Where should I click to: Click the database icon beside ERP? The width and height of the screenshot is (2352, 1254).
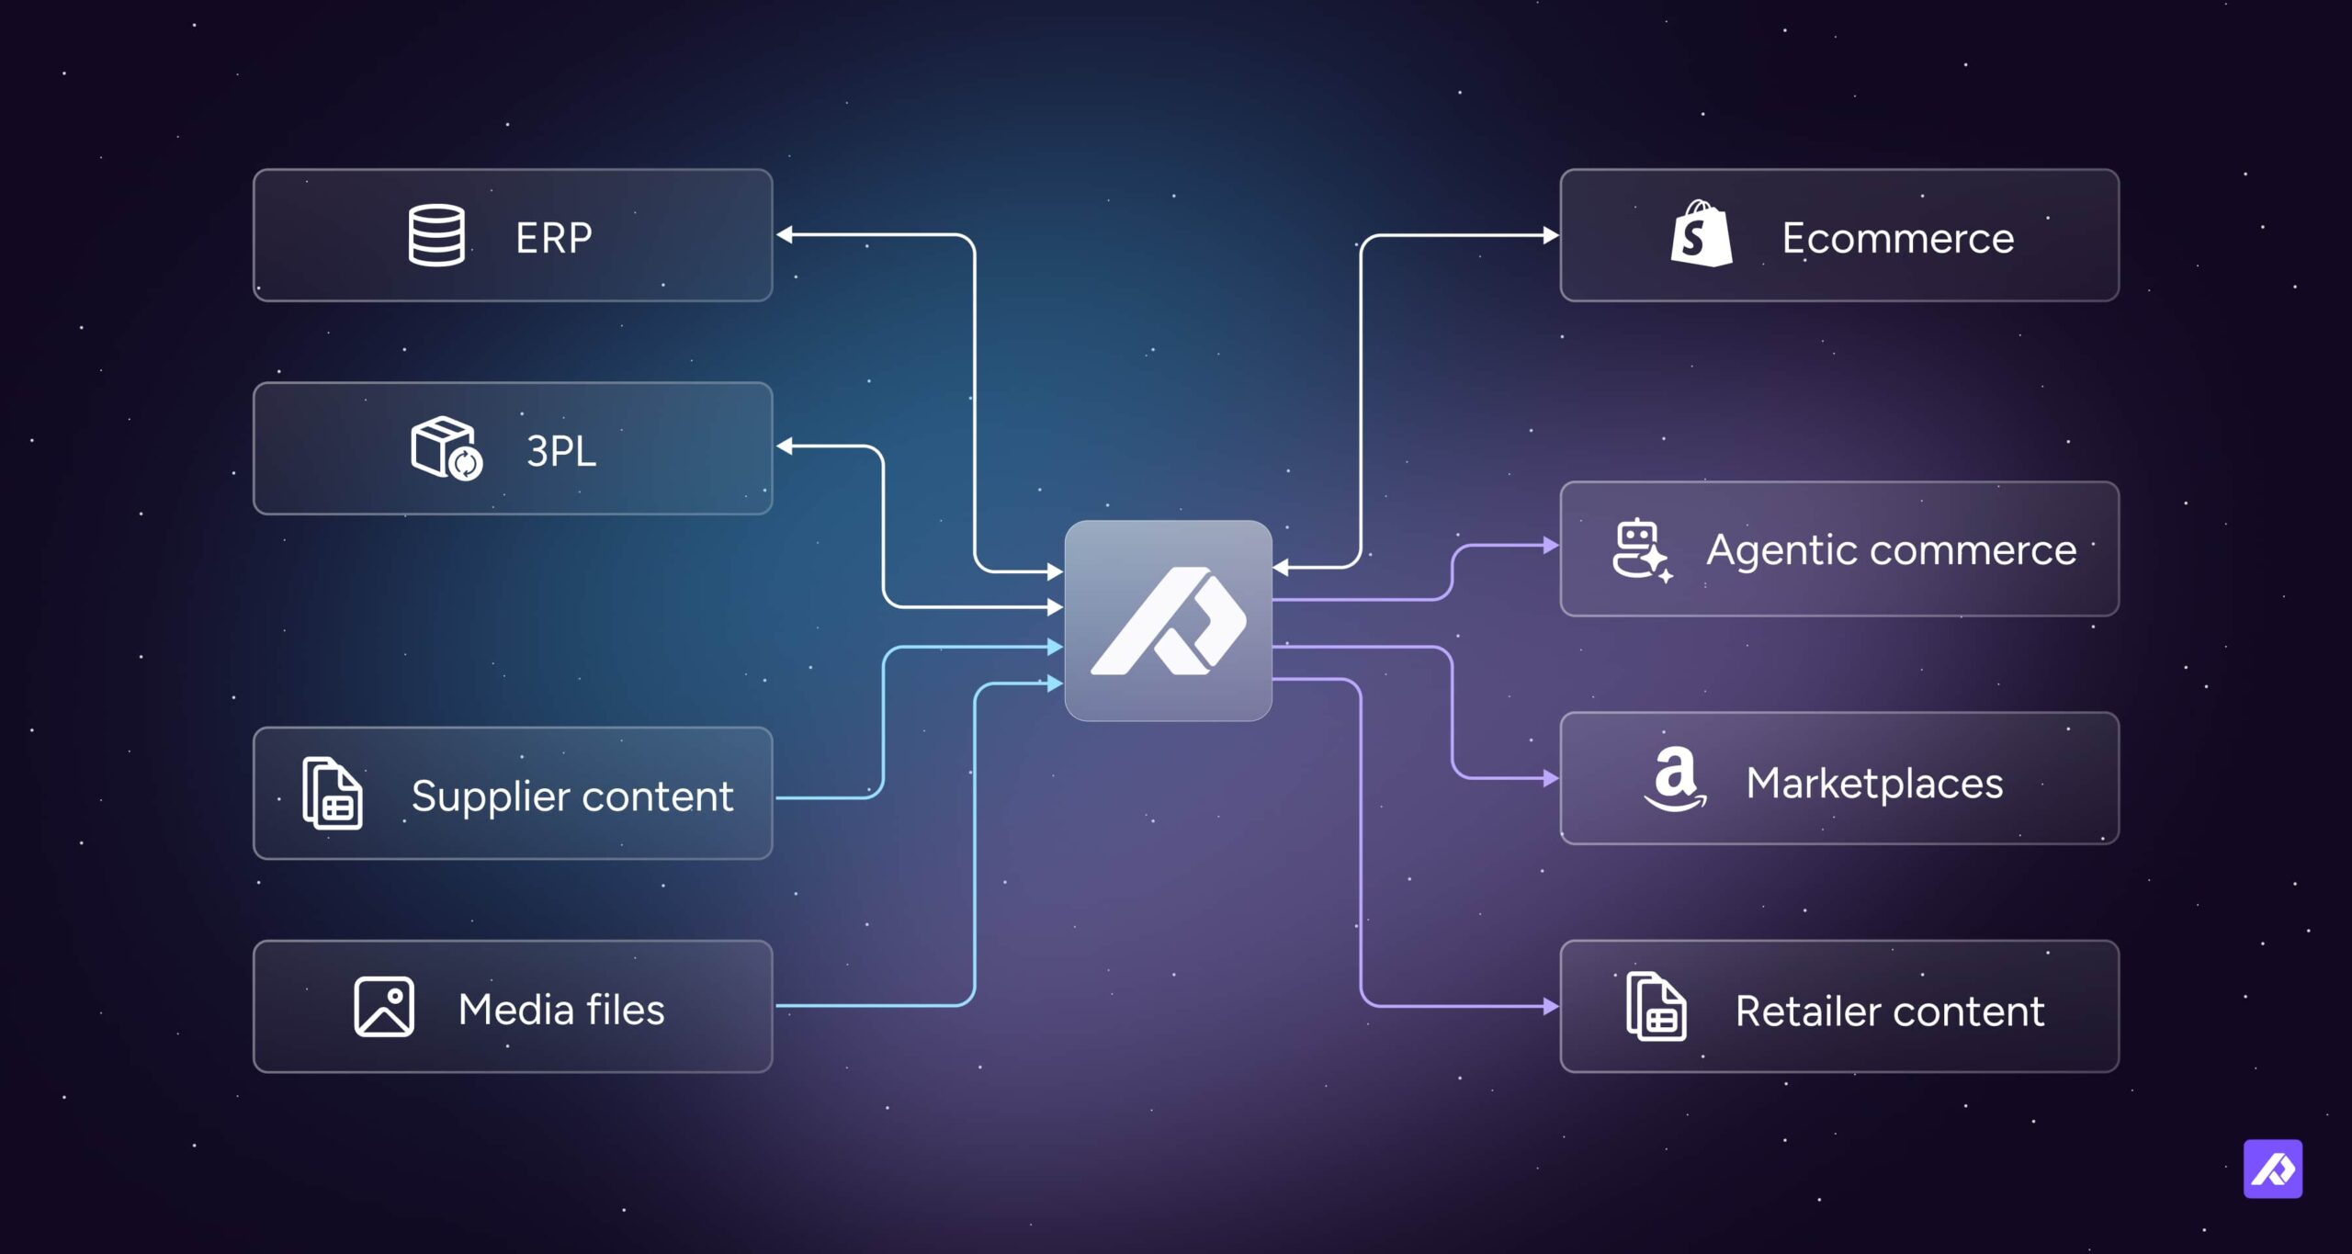coord(436,235)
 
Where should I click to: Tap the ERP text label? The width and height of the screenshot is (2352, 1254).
coord(554,238)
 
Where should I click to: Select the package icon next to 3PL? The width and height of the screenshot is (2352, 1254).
coord(447,448)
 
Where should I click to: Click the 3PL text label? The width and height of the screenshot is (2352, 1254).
coord(561,451)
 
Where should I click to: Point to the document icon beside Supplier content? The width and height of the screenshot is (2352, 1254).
coord(333,794)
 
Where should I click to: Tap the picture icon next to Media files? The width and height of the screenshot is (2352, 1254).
coord(384,1007)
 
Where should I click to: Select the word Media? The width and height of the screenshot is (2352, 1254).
coord(516,1010)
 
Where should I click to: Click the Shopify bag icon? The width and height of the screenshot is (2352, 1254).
coord(1702,234)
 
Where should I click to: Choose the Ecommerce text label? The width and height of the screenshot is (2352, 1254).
coord(1898,239)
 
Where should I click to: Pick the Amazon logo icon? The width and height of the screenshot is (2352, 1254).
coord(1676,779)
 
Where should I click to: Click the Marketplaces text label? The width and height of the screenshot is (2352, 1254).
coord(1874,785)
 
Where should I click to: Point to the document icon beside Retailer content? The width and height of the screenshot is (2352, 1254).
coord(1657,1007)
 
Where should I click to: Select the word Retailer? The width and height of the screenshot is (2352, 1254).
coord(1807,1011)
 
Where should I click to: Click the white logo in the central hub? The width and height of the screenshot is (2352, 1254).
coord(1169,621)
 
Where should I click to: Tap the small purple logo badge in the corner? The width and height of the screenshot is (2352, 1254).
coord(2273,1169)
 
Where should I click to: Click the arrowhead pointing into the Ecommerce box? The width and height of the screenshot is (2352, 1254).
coord(1551,235)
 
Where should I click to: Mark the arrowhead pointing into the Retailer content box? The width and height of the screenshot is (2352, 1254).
coord(1551,1007)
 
